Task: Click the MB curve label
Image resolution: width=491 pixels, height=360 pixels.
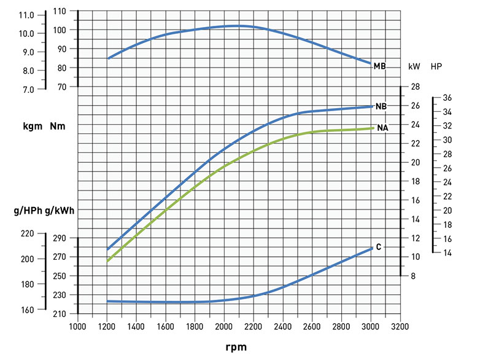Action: click(379, 65)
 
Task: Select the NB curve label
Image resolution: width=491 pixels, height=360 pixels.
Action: click(381, 106)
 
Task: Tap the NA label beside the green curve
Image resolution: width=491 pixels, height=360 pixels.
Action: click(382, 128)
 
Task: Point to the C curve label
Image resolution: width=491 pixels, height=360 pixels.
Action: click(379, 247)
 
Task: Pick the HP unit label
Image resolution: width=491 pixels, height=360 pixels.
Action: click(436, 66)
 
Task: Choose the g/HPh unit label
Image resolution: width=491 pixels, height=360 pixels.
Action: click(27, 211)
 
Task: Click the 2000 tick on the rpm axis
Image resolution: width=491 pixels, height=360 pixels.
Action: click(225, 326)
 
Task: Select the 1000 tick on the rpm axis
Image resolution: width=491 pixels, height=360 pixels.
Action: click(78, 326)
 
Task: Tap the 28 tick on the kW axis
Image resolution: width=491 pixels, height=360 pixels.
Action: click(415, 87)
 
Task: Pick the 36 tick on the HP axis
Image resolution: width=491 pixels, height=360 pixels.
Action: click(447, 98)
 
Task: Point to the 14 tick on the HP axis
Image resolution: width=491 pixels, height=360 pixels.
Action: click(447, 252)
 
